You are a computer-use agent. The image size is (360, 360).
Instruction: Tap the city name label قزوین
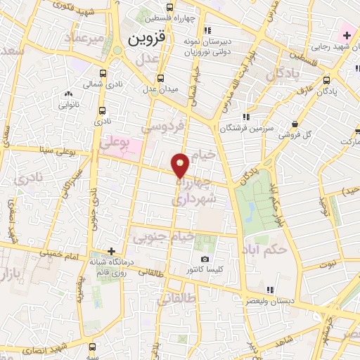(146, 40)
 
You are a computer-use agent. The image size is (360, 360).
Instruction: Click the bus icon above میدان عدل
(160, 78)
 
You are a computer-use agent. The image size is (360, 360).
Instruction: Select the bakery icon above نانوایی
(68, 94)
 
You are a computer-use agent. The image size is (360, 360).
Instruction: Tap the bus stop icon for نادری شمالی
(103, 73)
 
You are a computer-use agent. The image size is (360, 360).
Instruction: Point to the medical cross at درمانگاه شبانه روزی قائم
(110, 251)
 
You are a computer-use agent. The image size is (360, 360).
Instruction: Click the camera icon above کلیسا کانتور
(205, 259)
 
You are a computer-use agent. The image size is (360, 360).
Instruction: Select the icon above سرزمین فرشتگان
(245, 117)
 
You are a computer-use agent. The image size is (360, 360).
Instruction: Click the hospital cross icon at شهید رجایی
(347, 35)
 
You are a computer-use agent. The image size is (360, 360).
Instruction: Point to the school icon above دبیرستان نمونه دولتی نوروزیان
(206, 30)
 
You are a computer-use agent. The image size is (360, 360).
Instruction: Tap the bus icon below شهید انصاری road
(94, 347)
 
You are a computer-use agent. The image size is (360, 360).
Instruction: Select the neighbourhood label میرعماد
(86, 37)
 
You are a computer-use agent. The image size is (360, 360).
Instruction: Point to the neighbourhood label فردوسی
(164, 127)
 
